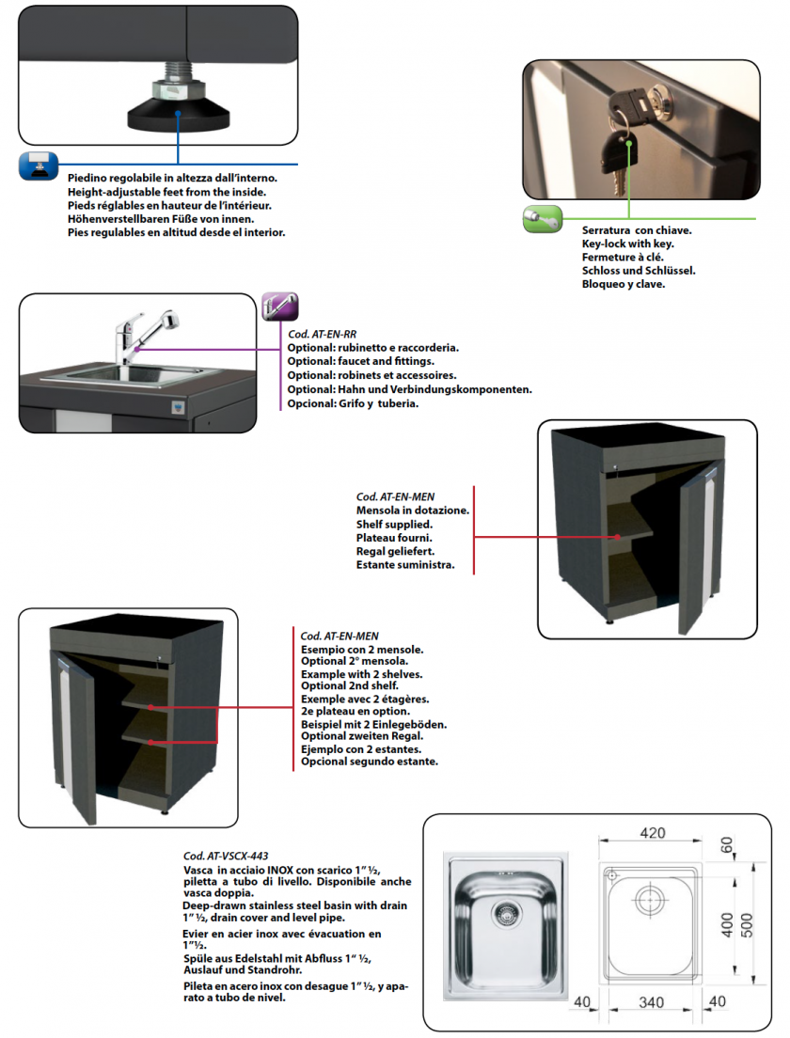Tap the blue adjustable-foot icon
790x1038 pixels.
[x=38, y=165]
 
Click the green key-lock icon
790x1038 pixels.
[x=542, y=218]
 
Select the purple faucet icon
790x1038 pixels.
[x=279, y=307]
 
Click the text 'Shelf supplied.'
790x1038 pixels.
[x=394, y=524]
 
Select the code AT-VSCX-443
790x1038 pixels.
[x=226, y=857]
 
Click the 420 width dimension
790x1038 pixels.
[x=652, y=832]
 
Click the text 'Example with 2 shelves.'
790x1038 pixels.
[x=361, y=675]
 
